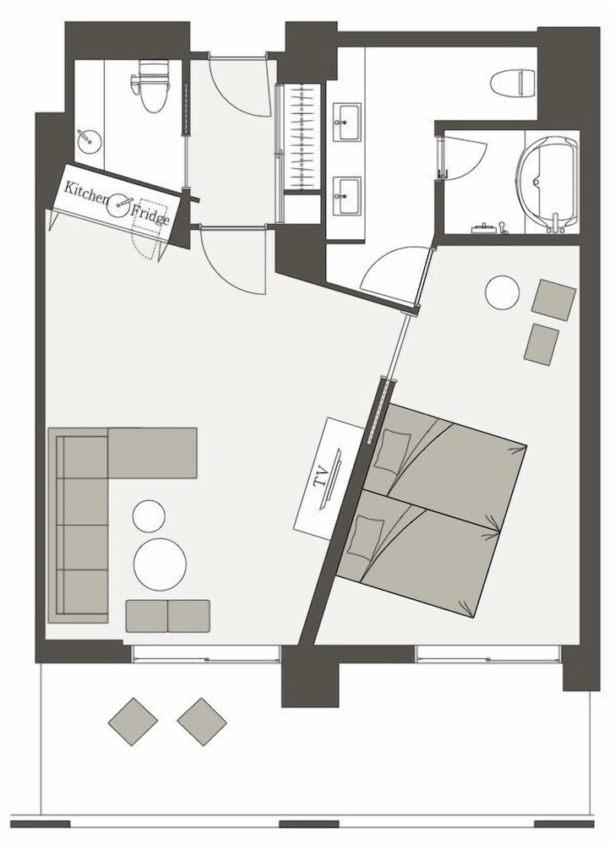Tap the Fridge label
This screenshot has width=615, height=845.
point(150,214)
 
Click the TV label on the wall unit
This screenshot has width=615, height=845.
point(322,478)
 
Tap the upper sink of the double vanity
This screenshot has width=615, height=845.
point(347,123)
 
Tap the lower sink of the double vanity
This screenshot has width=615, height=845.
point(347,196)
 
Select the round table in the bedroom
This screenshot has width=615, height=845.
point(503,292)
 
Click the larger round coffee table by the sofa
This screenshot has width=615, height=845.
point(160,564)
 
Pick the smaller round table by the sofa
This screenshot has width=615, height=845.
point(149,515)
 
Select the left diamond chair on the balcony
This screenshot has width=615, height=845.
point(133,722)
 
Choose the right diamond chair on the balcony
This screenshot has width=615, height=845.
point(202,722)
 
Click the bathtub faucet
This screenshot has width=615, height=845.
point(555,223)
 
